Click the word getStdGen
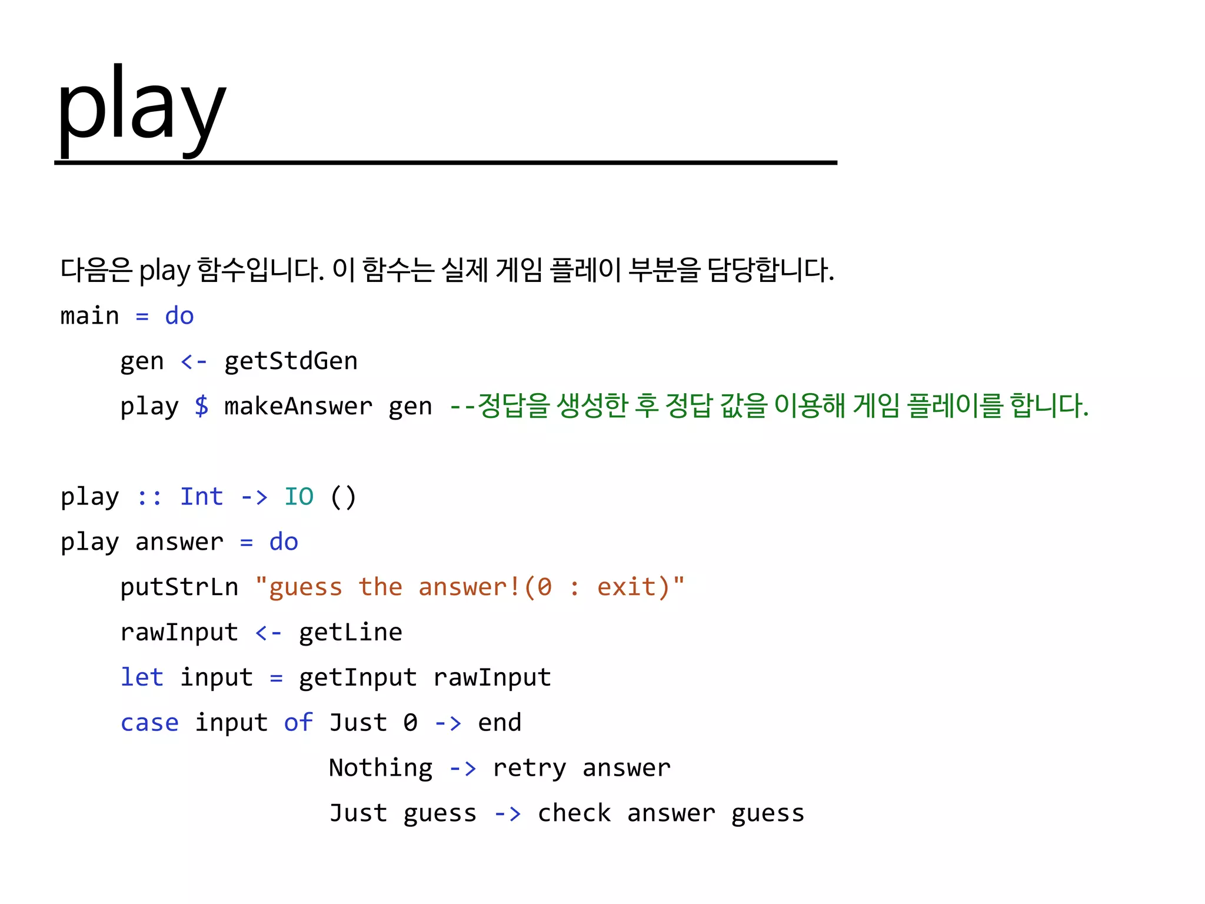point(291,361)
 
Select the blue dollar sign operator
point(201,406)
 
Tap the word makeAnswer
point(298,406)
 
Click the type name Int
point(201,496)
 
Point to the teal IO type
point(299,496)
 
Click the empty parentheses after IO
point(343,497)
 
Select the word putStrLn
point(179,587)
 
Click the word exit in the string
point(626,587)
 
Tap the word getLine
point(351,632)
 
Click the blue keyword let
point(142,677)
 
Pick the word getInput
point(358,677)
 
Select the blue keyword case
point(149,723)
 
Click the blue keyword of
point(298,722)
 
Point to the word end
point(500,723)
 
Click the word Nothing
point(381,767)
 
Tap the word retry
point(530,768)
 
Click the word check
point(574,813)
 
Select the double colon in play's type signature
point(149,497)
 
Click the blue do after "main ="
point(179,316)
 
